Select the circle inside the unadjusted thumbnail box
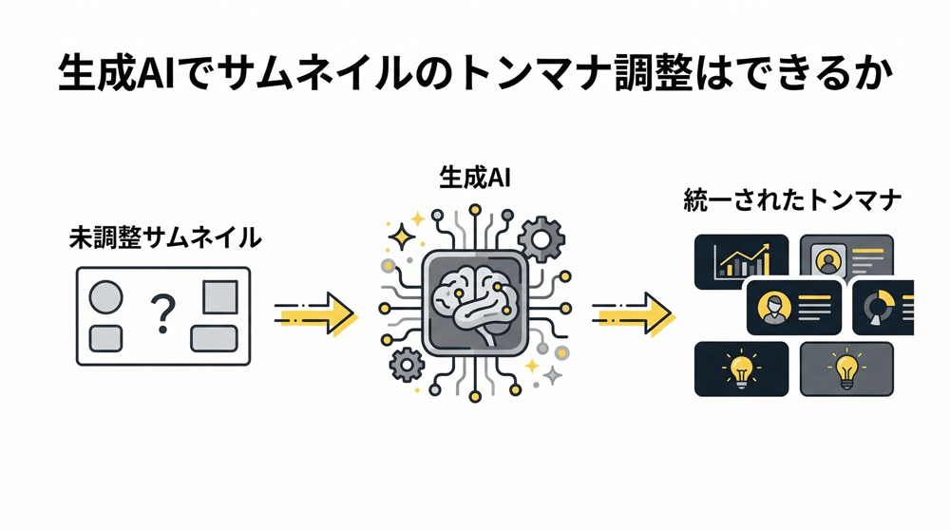(105, 298)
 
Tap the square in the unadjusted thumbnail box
(220, 297)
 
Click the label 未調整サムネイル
(165, 237)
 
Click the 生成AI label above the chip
(475, 178)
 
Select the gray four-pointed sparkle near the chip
(553, 376)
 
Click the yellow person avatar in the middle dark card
(774, 306)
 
